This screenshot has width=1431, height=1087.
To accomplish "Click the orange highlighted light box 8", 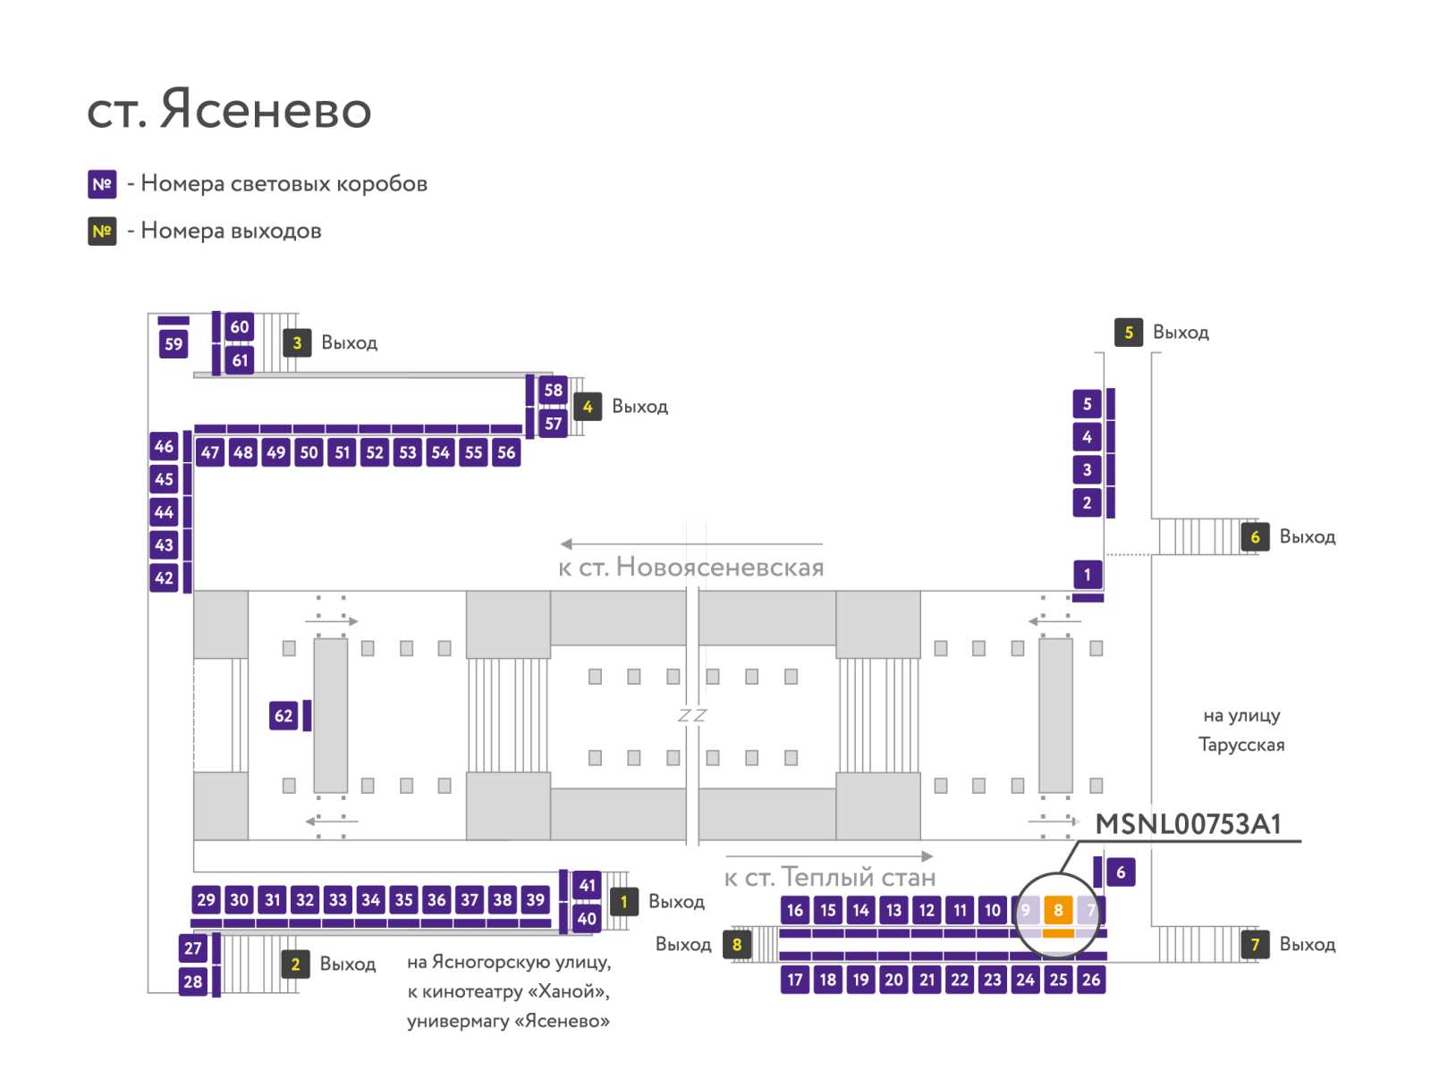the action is [1057, 909].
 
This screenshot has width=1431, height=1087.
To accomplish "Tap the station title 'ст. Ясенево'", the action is [229, 109].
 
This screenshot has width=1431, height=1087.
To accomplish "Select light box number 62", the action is [283, 715].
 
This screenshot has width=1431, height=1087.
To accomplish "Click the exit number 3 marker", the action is [297, 342].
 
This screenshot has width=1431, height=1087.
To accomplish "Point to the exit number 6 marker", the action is [1254, 536].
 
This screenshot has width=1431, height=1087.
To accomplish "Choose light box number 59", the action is [174, 343].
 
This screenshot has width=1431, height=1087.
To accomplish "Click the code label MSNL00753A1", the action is [1188, 824].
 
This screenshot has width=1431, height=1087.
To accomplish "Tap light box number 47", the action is [210, 452].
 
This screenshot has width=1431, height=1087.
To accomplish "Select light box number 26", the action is [1090, 979].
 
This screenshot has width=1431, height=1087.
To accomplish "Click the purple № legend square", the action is [102, 184].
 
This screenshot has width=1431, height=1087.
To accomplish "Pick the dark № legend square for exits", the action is [102, 232].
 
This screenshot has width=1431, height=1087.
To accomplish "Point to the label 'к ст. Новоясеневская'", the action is [691, 567].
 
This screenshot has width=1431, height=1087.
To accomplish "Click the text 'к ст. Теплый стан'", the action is [830, 877].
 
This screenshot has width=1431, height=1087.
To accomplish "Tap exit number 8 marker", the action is [737, 944].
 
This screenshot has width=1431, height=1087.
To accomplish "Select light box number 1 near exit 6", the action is [1087, 575].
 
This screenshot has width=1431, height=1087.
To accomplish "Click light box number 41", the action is [587, 885].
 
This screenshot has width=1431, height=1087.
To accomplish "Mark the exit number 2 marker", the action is [295, 964].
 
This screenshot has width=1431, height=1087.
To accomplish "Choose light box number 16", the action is [795, 909].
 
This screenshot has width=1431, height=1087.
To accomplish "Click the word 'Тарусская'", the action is [1241, 745].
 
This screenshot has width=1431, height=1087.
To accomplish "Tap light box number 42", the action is [164, 577].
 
